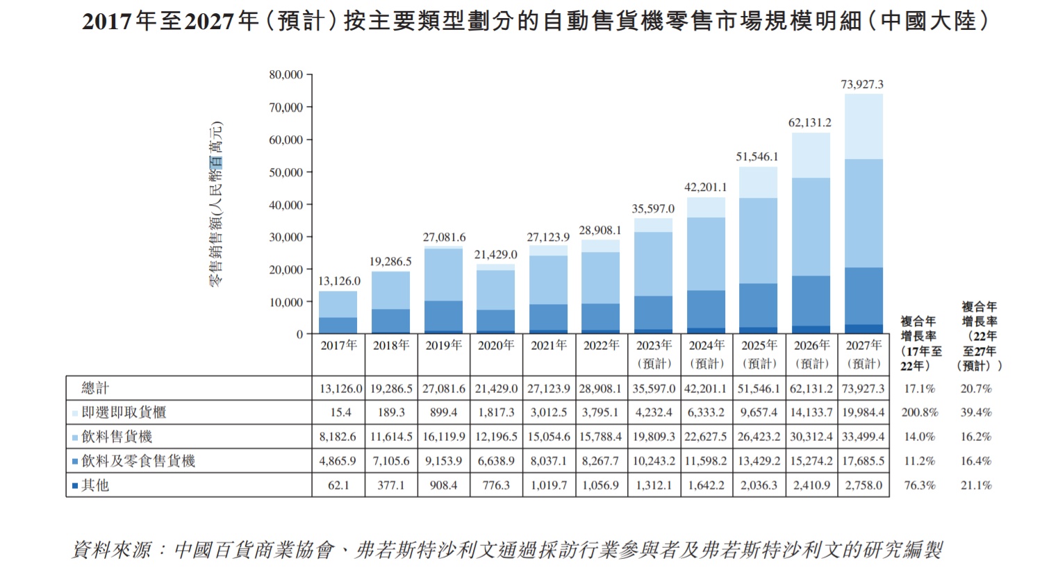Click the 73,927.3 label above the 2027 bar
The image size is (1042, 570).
862,85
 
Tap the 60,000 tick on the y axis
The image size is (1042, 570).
286,140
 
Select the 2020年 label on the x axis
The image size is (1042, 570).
496,345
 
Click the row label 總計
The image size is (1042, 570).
95,388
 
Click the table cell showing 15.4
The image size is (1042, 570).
340,412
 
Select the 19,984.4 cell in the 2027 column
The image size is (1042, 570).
863,412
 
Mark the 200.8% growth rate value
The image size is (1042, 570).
920,412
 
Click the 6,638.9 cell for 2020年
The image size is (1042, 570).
496,461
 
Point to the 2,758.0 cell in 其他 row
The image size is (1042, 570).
863,485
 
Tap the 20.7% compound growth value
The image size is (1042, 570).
976,389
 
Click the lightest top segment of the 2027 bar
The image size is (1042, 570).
863,126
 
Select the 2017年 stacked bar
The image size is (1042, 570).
338,312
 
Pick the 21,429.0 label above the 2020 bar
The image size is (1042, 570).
496,255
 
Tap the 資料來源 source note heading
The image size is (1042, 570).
111,550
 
